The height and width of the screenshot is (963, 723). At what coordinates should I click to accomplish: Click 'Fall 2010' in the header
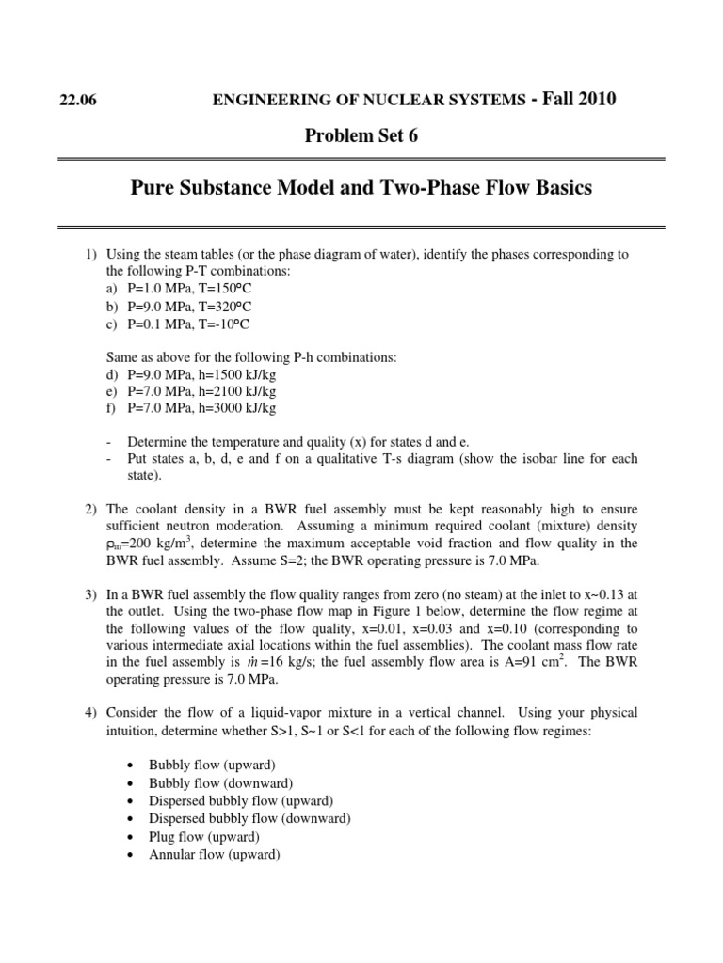click(573, 99)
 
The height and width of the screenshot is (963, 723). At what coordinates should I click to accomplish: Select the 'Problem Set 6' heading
click(361, 136)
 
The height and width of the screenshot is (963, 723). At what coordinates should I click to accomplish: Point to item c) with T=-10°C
click(178, 324)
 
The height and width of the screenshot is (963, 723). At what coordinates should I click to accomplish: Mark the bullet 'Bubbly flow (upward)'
click(212, 765)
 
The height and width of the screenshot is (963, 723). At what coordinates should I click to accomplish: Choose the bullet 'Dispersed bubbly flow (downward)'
click(249, 818)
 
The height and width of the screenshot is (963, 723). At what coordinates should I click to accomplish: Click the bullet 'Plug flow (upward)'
click(204, 836)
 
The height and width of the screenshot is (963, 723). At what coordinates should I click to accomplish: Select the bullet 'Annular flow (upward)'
click(214, 854)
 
